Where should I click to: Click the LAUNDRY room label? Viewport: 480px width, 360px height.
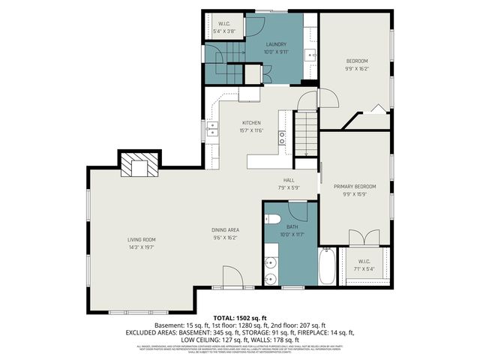tap(276, 44)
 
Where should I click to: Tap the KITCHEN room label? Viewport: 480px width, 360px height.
tap(250, 123)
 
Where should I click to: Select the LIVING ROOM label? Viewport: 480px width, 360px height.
tap(140, 239)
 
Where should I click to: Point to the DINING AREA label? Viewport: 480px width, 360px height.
tap(226, 230)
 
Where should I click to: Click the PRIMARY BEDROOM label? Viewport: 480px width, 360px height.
tap(355, 186)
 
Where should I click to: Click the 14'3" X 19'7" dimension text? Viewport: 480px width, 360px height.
tap(140, 247)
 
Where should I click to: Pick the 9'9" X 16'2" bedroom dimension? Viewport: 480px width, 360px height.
tap(355, 67)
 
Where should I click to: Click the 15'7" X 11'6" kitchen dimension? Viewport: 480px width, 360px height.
tap(250, 130)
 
